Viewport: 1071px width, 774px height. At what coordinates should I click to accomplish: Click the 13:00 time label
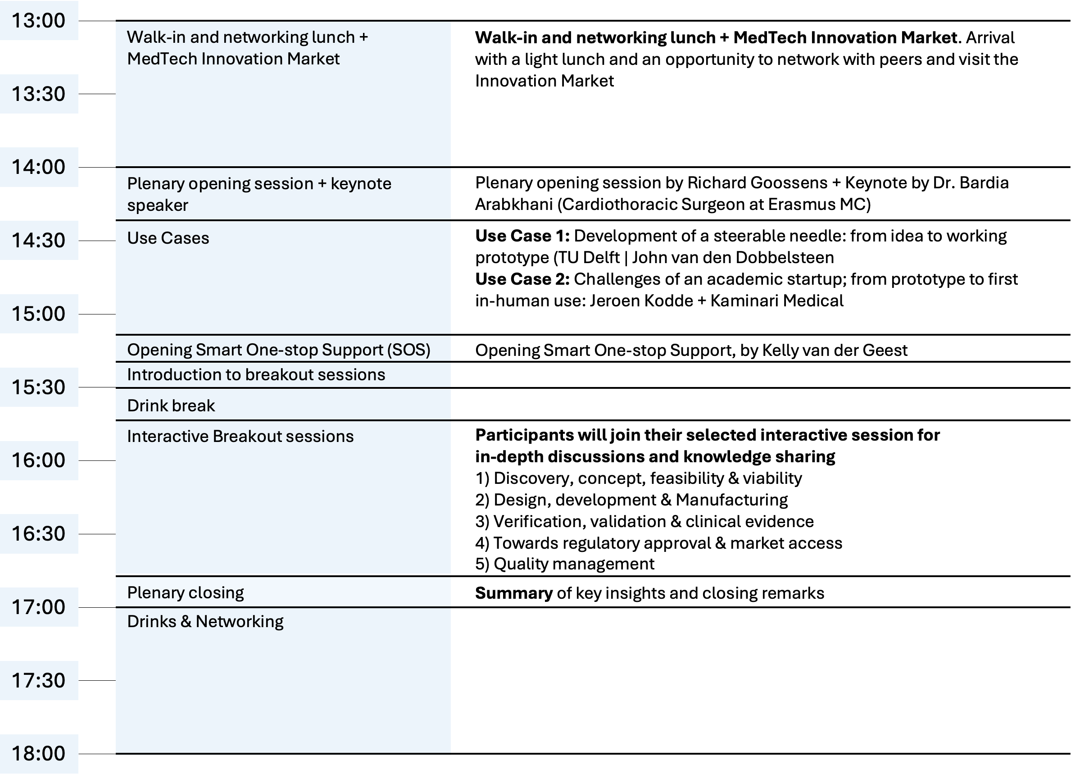pyautogui.click(x=38, y=21)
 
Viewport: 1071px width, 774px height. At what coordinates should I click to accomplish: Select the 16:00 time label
pyautogui.click(x=38, y=460)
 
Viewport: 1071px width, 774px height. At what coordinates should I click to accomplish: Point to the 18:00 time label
pyautogui.click(x=38, y=754)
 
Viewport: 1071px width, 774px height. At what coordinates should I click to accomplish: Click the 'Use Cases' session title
pyautogui.click(x=168, y=238)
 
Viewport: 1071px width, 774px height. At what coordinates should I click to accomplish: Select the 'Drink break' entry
pyautogui.click(x=171, y=405)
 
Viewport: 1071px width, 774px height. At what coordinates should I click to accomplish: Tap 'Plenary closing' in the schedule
pyautogui.click(x=185, y=592)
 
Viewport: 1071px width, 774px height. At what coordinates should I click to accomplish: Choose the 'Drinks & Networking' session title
pyautogui.click(x=205, y=621)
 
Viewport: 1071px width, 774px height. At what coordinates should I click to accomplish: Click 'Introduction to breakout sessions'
pyautogui.click(x=256, y=374)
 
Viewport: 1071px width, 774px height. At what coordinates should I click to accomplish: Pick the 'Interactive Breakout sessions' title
pyautogui.click(x=240, y=437)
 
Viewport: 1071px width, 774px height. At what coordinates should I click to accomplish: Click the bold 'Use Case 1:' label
pyautogui.click(x=522, y=236)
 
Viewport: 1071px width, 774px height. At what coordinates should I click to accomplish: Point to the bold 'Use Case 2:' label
pyautogui.click(x=522, y=279)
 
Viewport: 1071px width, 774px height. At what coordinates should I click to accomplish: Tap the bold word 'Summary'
pyautogui.click(x=513, y=593)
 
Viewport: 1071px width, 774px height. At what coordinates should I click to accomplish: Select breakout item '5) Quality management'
pyautogui.click(x=564, y=564)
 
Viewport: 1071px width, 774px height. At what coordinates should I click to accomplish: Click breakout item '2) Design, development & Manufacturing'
pyautogui.click(x=631, y=500)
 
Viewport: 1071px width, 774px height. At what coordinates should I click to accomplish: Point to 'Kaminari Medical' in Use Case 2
pyautogui.click(x=776, y=301)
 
